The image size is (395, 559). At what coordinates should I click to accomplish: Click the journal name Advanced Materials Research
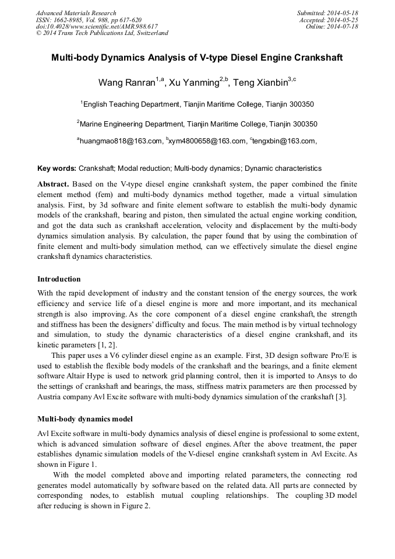pyautogui.click(x=76, y=13)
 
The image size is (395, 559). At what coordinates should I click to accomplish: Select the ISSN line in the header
pyautogui.click(x=89, y=20)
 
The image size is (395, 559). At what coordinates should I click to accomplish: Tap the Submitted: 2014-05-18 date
pyautogui.click(x=327, y=13)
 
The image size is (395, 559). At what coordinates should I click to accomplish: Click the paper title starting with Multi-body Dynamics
pyautogui.click(x=197, y=58)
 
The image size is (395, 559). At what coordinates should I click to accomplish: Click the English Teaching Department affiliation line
pyautogui.click(x=197, y=104)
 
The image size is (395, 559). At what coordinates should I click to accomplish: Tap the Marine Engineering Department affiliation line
pyautogui.click(x=197, y=124)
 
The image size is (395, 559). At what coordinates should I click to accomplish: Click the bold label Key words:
pyautogui.click(x=57, y=168)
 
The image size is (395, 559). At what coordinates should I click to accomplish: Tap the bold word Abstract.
pyautogui.click(x=53, y=184)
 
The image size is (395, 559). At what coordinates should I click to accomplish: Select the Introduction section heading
pyautogui.click(x=59, y=279)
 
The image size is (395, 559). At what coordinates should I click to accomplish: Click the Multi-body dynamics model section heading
pyautogui.click(x=85, y=419)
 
